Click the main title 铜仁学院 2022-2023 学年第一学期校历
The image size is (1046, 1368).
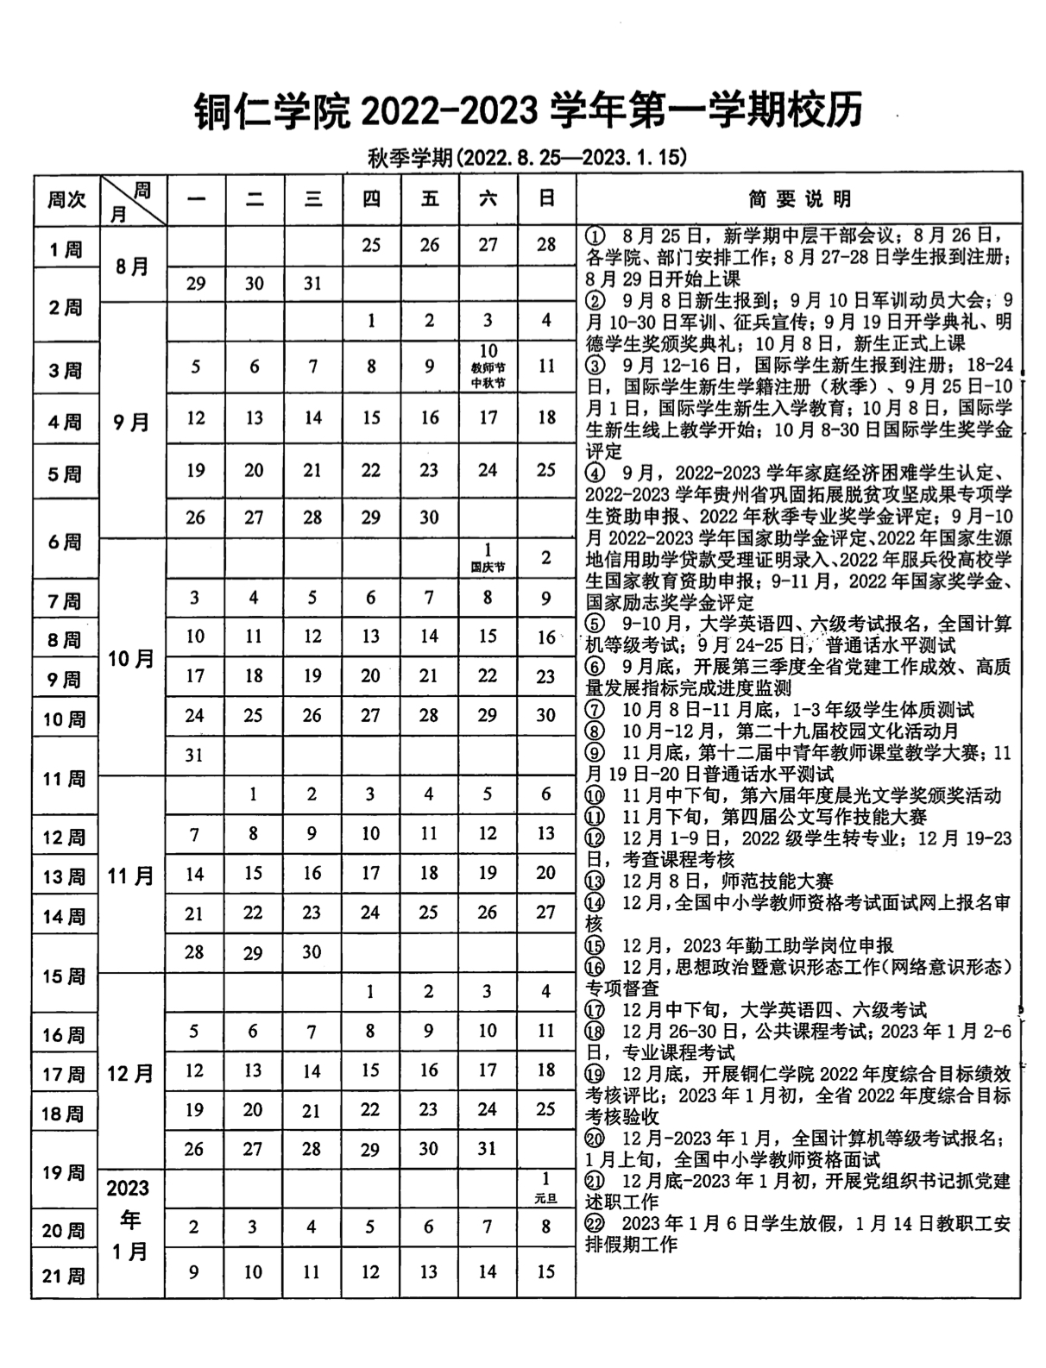[x=528, y=111]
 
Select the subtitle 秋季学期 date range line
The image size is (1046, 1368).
[x=527, y=157]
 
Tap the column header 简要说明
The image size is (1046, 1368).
[x=799, y=199]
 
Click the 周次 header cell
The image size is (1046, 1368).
[x=66, y=199]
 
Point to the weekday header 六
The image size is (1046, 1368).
[x=488, y=199]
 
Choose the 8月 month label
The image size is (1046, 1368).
[x=132, y=267]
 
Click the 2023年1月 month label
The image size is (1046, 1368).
[x=129, y=1220]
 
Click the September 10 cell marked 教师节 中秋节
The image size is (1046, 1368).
[x=488, y=366]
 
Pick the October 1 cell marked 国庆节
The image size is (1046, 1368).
[x=488, y=556]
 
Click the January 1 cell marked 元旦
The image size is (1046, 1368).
[x=545, y=1187]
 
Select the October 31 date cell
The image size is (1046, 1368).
[x=195, y=755]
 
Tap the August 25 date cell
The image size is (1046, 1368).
[x=371, y=246]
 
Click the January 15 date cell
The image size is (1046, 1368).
[x=545, y=1271]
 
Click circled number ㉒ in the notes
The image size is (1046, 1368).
[x=594, y=1223]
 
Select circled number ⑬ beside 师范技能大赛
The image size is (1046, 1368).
[x=594, y=881]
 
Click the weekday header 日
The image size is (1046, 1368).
[x=546, y=199]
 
